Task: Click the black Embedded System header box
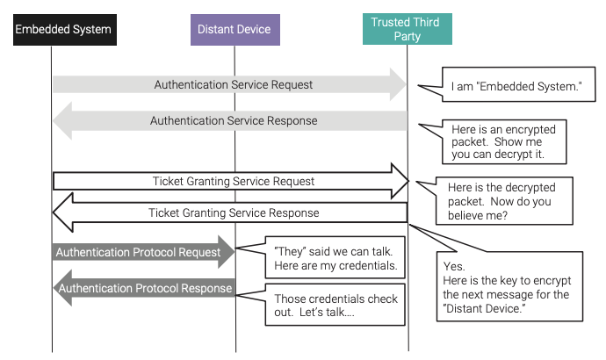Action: coord(65,30)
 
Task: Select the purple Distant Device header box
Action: coord(235,30)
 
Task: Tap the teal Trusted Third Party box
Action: coord(408,29)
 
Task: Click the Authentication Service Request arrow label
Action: coord(234,84)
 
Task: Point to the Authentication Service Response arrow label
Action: coord(234,120)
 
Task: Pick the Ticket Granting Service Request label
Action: coord(234,181)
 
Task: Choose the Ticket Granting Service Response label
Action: coord(234,212)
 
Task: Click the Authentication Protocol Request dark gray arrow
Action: coord(143,252)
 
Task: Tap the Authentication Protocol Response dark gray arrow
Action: coord(144,288)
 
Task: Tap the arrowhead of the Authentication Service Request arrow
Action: coord(398,84)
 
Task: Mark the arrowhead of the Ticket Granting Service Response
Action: coord(63,212)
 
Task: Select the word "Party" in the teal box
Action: coord(407,36)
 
